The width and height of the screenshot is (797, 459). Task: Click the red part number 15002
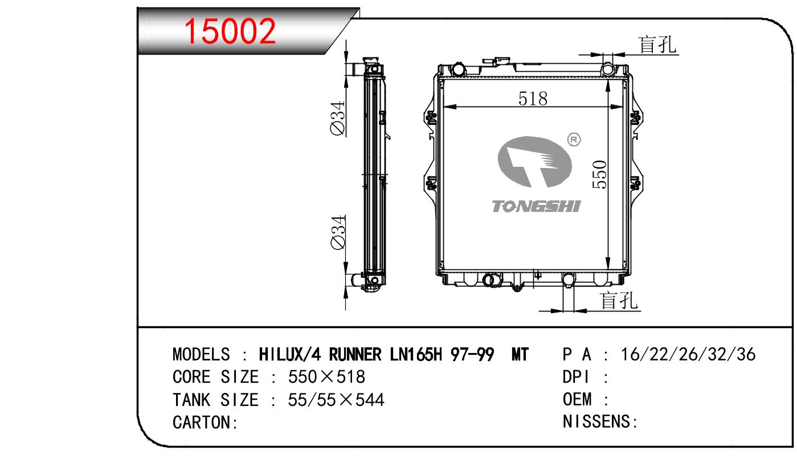coord(230,31)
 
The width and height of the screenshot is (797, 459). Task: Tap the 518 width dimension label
coord(533,99)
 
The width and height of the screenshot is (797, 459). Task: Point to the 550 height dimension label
coord(600,174)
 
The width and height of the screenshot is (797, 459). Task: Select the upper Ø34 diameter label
coord(338,118)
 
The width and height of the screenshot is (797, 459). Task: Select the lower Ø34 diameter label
coord(338,232)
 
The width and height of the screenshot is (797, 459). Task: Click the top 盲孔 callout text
coord(657,45)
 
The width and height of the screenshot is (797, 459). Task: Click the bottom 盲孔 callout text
coord(618,301)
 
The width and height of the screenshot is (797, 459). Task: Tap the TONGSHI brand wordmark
coord(536,206)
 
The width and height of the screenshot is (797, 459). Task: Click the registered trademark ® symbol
coord(574,140)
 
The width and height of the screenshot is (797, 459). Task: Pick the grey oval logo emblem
coord(534,162)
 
